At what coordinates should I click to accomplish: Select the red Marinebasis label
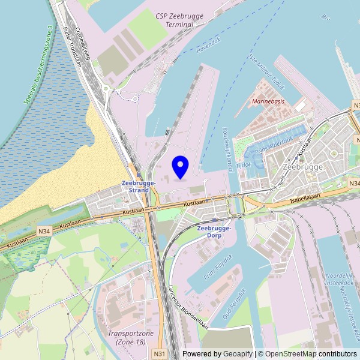tap(268, 101)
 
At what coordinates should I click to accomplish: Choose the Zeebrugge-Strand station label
tap(139, 186)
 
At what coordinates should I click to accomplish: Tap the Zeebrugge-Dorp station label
tap(214, 232)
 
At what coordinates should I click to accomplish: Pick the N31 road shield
tap(158, 354)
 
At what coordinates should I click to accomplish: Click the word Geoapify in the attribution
tap(238, 354)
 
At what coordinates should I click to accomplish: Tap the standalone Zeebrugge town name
tap(302, 167)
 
